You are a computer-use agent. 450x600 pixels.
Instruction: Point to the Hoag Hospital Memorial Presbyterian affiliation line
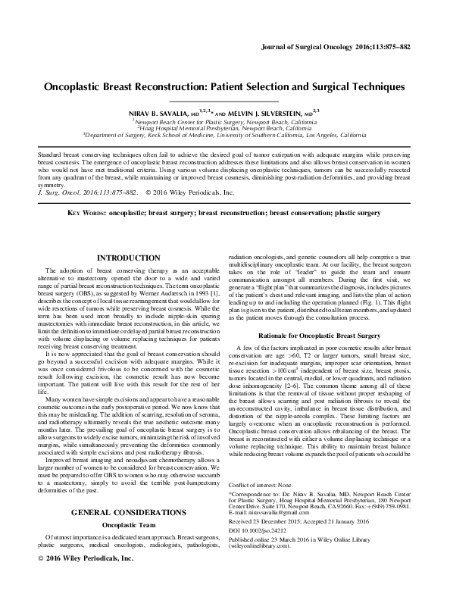(224, 129)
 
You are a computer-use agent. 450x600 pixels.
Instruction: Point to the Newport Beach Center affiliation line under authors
(224, 121)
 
